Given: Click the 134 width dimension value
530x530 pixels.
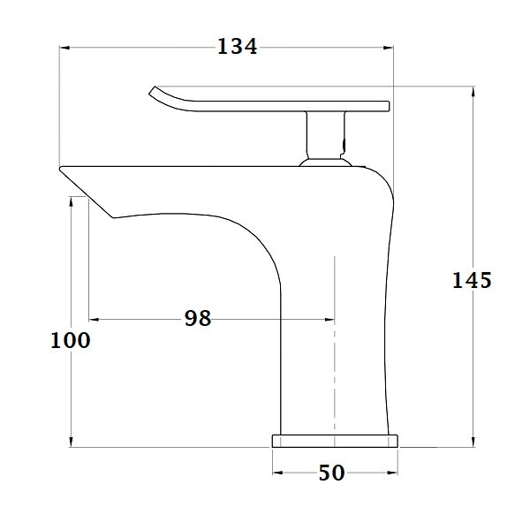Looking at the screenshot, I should click(238, 47).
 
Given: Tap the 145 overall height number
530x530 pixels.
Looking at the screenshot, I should click(472, 280).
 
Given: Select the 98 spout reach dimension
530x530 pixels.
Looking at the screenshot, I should click(198, 318).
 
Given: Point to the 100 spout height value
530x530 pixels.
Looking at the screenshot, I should click(71, 339).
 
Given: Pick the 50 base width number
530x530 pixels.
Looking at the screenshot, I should click(331, 473).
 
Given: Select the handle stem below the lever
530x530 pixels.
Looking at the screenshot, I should click(322, 137).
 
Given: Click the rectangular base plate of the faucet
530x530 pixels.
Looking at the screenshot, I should click(334, 441).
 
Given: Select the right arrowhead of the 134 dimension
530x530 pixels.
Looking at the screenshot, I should click(388, 47).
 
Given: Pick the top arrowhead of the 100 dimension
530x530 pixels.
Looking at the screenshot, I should click(71, 201).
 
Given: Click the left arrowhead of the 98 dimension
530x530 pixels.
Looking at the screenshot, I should click(94, 319).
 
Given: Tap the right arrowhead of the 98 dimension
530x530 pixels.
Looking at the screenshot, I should click(329, 319).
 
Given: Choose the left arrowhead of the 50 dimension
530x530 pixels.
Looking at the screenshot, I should click(277, 473).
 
